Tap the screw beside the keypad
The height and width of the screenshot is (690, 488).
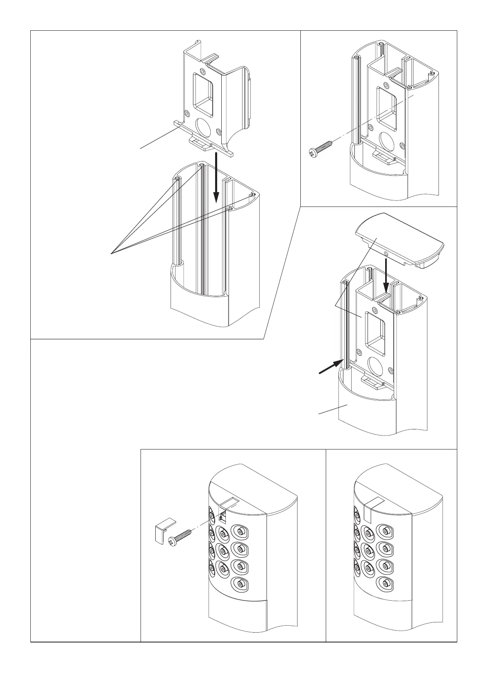tap(180, 538)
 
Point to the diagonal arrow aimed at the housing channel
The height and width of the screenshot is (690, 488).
tap(332, 366)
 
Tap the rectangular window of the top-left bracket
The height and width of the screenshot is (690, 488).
tap(204, 92)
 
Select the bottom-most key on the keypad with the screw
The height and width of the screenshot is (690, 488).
tap(240, 583)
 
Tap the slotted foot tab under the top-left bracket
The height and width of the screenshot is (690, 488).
tap(200, 142)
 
